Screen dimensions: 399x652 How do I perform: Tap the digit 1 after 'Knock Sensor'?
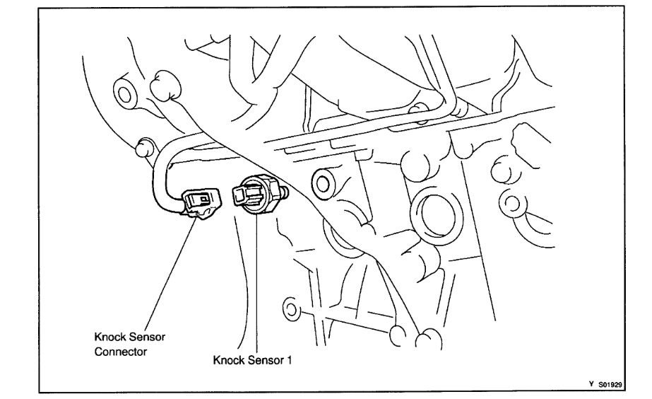289,360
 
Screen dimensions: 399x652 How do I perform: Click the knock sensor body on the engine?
255,193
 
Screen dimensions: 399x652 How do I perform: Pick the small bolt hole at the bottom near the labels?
290,308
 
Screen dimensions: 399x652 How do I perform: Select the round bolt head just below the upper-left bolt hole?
143,146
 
